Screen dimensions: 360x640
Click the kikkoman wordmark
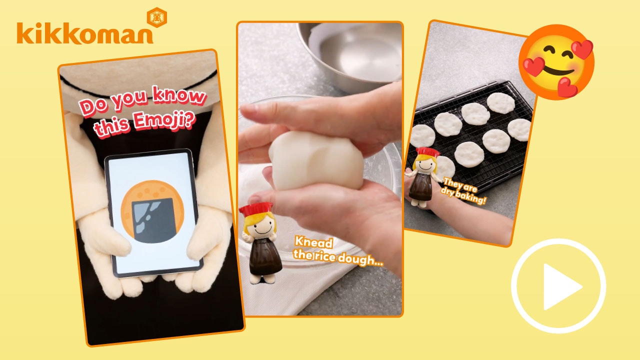click(x=85, y=33)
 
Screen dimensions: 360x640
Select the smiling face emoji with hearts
click(x=556, y=61)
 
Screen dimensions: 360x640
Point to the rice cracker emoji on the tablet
click(x=152, y=212)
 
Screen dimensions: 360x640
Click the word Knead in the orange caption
click(x=313, y=242)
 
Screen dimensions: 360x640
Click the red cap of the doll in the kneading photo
click(x=255, y=208)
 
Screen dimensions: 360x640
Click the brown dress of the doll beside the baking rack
click(x=420, y=186)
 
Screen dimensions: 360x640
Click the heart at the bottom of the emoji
click(x=567, y=87)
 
